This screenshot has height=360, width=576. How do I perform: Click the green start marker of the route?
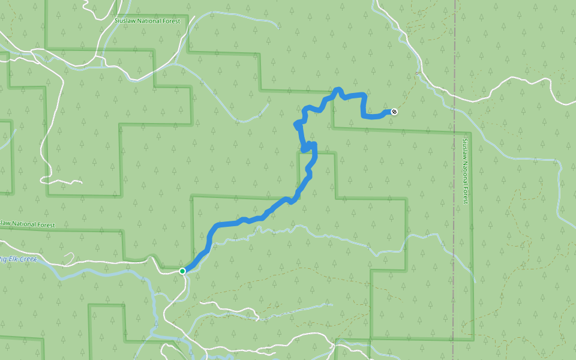tap(182, 271)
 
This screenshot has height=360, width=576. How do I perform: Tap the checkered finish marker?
tap(394, 111)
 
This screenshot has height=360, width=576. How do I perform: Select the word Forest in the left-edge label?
tap(44, 225)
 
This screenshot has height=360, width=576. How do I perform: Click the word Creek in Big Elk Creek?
tap(28, 259)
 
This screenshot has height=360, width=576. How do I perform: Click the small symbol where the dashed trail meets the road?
tap(416, 73)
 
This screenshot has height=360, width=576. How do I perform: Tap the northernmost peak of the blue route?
tap(338, 90)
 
